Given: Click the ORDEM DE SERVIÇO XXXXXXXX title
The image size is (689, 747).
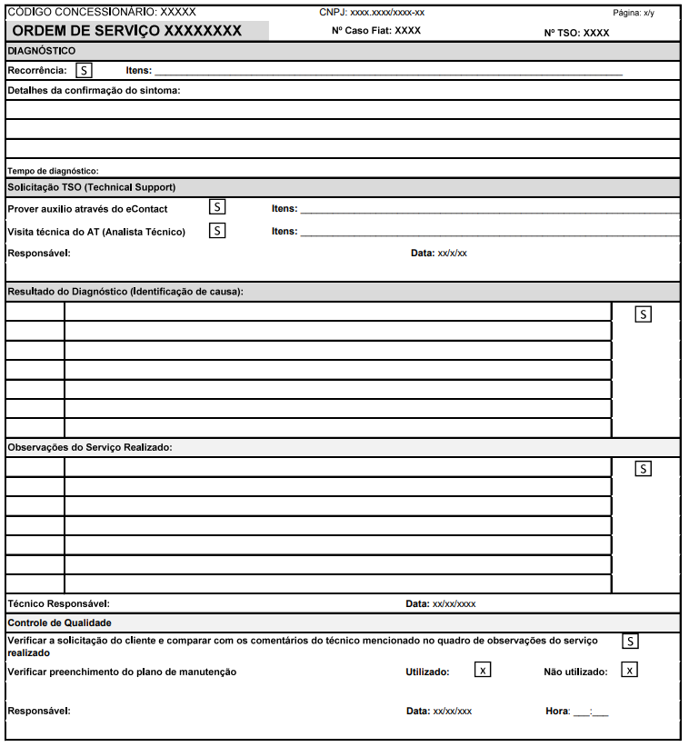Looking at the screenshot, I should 127,31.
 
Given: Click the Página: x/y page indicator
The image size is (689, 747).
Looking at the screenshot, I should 634,13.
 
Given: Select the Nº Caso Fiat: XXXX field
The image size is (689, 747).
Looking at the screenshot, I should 376,31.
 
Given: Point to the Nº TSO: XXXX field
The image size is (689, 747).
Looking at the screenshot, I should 576,33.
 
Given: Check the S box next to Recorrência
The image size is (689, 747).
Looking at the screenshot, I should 84,70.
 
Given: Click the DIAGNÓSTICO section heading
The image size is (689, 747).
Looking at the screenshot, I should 42,51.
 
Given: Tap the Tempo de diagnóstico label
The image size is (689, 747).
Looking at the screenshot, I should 53,171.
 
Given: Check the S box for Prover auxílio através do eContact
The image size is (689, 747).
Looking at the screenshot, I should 217,207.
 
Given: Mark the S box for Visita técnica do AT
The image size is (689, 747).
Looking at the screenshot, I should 217,231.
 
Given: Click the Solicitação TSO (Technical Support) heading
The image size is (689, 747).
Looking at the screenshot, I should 91,187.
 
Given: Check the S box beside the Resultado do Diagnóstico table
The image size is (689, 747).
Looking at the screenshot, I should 644,314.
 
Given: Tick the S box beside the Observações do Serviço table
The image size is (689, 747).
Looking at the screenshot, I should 644,469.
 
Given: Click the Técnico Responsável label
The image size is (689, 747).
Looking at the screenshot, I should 58,603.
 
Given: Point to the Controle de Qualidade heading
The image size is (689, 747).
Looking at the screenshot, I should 59,623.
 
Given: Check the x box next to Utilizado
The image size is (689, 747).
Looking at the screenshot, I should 484,671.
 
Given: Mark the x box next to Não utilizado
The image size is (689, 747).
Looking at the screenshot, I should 629,671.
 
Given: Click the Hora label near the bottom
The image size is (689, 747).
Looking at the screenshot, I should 555,712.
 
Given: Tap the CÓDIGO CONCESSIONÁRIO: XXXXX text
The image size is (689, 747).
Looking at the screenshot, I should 101,13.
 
